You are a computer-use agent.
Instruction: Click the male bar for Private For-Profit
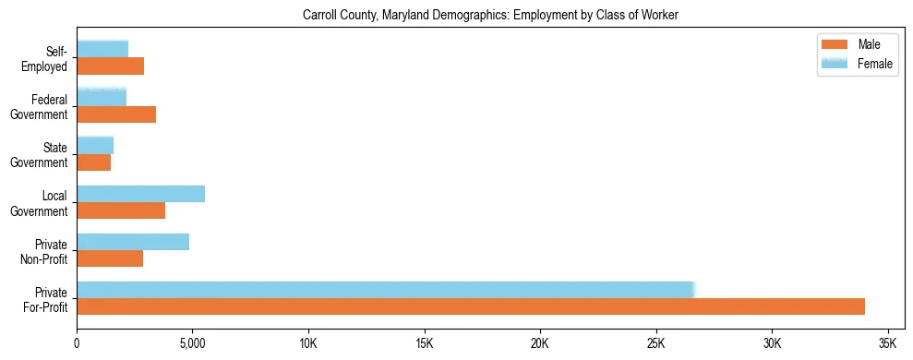click(471, 306)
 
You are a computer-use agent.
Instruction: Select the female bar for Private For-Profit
click(385, 290)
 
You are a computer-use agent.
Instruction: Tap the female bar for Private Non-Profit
click(133, 242)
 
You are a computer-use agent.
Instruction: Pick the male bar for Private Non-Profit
click(110, 258)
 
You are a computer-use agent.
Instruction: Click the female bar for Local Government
click(140, 194)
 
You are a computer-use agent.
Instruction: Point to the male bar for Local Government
click(121, 210)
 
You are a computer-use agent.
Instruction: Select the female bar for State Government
click(95, 145)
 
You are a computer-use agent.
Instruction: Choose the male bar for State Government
click(93, 162)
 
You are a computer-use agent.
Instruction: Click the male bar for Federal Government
click(116, 114)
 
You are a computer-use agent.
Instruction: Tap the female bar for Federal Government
click(102, 97)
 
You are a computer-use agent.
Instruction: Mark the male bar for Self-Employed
click(110, 66)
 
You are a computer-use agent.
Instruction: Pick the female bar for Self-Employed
click(102, 49)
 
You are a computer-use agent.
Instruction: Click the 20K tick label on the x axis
click(540, 343)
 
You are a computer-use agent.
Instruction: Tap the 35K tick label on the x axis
click(887, 343)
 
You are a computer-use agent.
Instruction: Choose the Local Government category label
click(42, 203)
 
